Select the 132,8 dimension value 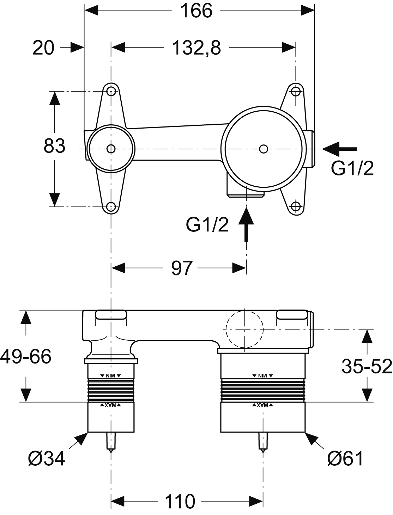pos(196,48)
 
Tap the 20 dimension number pos(43,48)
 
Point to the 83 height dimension pos(54,146)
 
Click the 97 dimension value pos(182,268)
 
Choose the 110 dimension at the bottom pos(180,501)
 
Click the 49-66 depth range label pos(26,356)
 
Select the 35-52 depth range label pos(367,366)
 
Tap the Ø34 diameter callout pos(47,459)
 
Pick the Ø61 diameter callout pos(345,459)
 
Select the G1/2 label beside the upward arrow pos(207,225)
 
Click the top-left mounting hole pos(111,92)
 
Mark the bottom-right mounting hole pos(296,206)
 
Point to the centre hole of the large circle pos(263,149)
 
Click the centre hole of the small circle pos(111,149)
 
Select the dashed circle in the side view pos(244,329)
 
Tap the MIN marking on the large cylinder pos(263,376)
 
